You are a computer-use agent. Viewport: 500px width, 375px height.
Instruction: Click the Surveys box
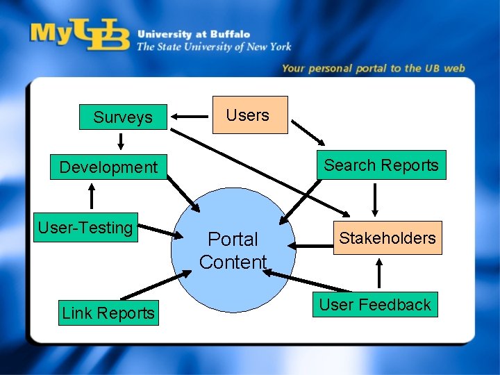pos(122,117)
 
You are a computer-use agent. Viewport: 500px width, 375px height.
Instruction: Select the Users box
pos(248,115)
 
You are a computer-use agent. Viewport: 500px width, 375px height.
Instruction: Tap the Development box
pos(108,167)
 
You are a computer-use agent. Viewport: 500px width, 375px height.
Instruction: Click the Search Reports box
pos(381,165)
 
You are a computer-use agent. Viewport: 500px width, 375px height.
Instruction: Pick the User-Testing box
pos(85,228)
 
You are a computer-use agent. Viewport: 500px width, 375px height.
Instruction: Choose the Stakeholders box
pos(387,238)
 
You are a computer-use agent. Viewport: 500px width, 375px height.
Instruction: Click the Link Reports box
pos(108,313)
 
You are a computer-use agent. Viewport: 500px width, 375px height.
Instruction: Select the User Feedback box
pos(375,305)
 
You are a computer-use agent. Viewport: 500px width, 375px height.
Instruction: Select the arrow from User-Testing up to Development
pos(92,196)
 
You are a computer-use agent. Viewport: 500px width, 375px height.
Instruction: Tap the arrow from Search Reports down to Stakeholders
pos(376,200)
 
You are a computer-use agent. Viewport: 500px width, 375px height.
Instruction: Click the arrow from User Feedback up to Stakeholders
pos(378,273)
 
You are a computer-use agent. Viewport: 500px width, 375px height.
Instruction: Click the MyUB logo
pos(80,35)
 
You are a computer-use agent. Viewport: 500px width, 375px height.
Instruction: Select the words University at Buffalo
pos(193,33)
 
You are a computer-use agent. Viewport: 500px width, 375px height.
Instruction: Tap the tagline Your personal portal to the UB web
pos(373,68)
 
